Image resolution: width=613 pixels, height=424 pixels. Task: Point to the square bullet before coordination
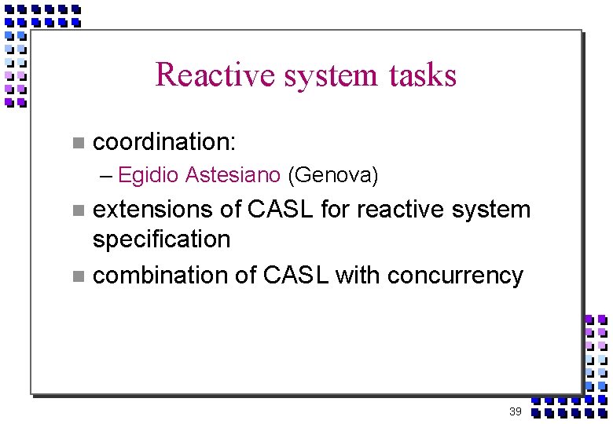(77, 143)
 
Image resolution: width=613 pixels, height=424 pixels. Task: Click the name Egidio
(149, 175)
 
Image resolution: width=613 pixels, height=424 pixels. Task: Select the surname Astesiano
(233, 175)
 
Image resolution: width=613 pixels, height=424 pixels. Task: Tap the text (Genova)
(334, 175)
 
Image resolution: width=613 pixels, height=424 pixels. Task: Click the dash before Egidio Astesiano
(108, 175)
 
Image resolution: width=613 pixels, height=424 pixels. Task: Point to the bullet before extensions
(77, 210)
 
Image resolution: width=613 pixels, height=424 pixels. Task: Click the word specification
(161, 239)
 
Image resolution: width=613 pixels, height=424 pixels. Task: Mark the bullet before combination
(77, 276)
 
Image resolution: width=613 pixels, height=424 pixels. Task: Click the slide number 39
(515, 411)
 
